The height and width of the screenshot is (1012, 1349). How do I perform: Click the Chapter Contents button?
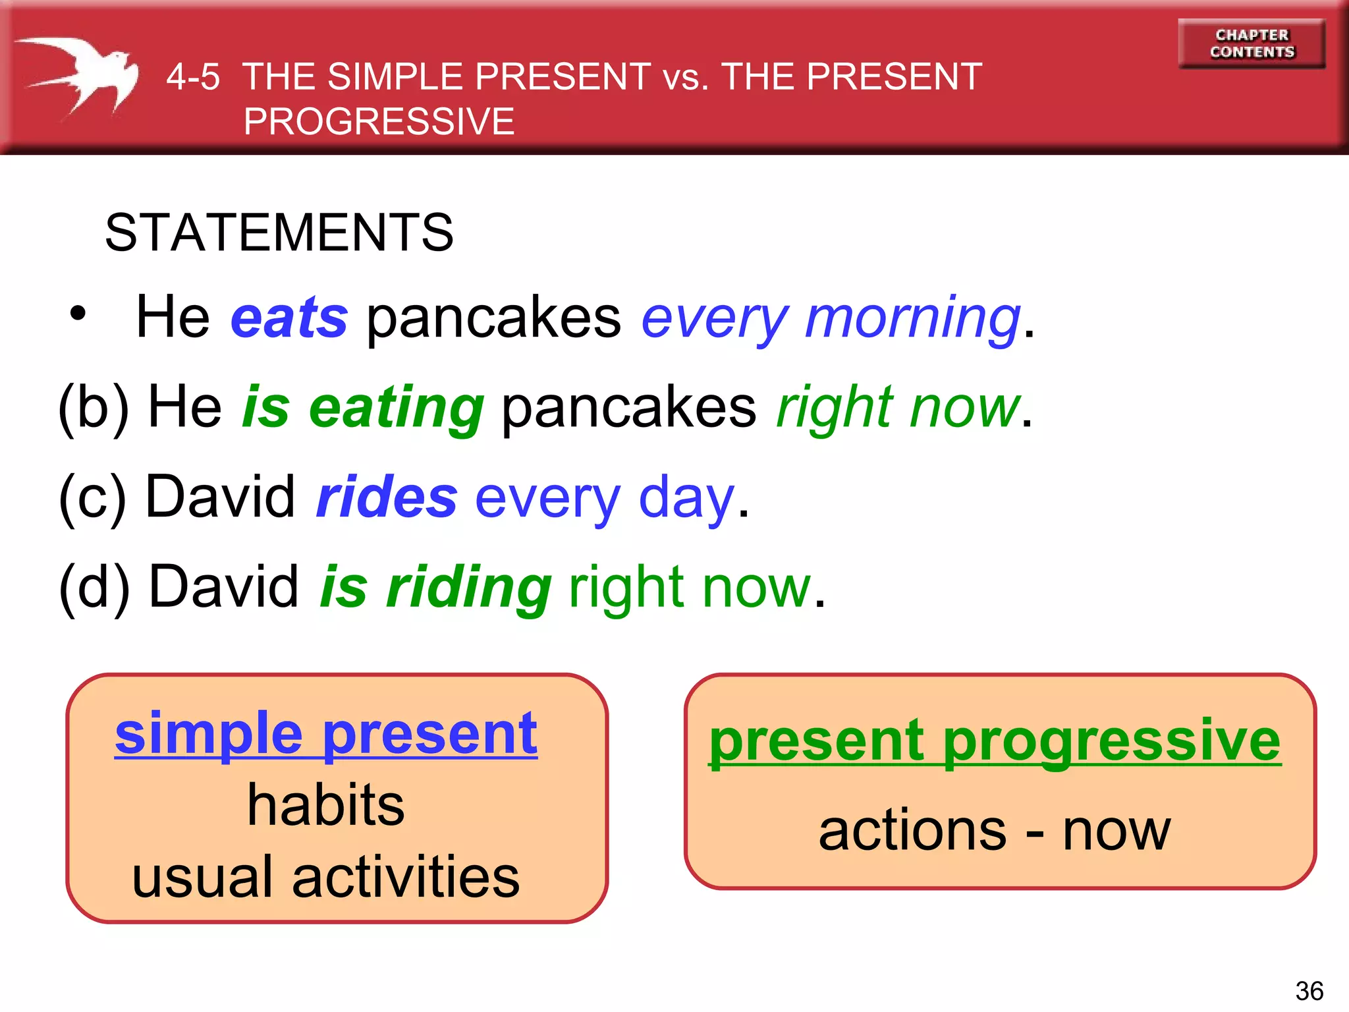tap(1252, 43)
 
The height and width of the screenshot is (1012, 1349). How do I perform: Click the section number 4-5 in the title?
tap(192, 77)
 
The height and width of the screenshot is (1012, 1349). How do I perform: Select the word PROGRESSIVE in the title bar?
tap(379, 122)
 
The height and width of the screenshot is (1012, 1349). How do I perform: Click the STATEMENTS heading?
tap(279, 233)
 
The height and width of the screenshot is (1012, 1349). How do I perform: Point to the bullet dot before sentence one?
tap(78, 314)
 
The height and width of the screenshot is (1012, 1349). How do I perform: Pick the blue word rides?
tap(387, 497)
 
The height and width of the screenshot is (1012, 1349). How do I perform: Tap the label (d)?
tap(94, 588)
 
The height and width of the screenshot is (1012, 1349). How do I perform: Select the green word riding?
tap(468, 589)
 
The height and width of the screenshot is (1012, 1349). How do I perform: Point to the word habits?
tap(325, 805)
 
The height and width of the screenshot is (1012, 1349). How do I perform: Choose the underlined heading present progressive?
tap(995, 741)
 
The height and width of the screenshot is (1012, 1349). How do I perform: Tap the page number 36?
tap(1309, 991)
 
